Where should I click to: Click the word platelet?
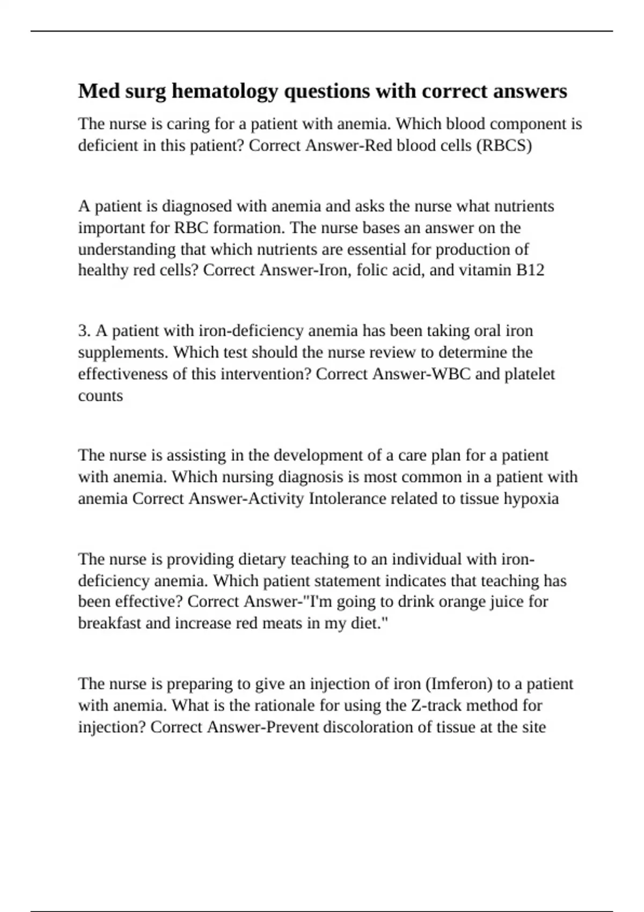click(x=529, y=374)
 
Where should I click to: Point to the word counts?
click(x=100, y=396)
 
